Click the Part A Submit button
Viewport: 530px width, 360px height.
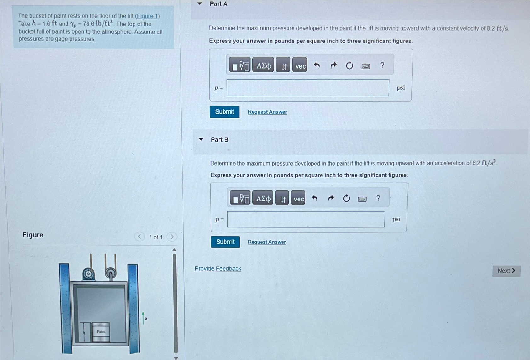(x=224, y=112)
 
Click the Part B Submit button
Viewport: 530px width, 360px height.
(x=225, y=242)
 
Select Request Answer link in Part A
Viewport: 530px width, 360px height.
(x=267, y=112)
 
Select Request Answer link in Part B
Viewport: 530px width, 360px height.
(x=267, y=242)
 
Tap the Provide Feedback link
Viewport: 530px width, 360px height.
(x=218, y=268)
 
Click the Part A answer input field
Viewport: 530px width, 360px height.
(x=308, y=88)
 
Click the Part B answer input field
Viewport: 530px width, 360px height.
(x=306, y=219)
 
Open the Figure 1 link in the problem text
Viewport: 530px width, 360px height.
(x=147, y=16)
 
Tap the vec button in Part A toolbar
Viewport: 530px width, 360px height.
(x=300, y=65)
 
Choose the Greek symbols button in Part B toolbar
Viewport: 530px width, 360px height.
(x=263, y=198)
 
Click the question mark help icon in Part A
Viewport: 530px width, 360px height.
(x=382, y=65)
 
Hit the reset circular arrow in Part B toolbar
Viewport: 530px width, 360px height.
(x=346, y=198)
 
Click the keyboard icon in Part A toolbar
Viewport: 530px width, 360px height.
(x=366, y=66)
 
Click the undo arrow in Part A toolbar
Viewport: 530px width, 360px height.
(x=317, y=65)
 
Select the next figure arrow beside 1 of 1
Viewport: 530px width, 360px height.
(x=172, y=237)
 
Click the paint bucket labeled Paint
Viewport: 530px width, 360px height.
(x=101, y=332)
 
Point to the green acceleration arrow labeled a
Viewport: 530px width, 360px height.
(x=143, y=318)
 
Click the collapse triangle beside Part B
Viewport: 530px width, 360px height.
(x=201, y=139)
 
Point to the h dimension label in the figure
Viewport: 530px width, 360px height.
(x=84, y=333)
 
